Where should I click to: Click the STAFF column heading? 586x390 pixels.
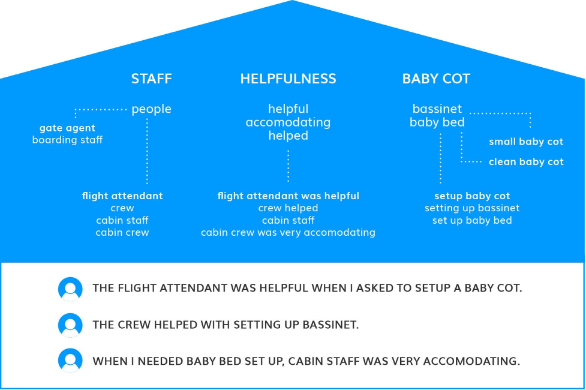tap(151, 79)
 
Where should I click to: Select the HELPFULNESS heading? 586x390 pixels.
tap(288, 79)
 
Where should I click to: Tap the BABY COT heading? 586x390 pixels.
tap(436, 79)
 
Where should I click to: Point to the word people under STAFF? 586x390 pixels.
tap(151, 109)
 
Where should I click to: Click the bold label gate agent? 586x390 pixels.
tap(67, 128)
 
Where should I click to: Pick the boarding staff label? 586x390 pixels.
tap(67, 140)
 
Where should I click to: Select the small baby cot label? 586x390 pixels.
tap(526, 142)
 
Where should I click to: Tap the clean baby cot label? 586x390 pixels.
tap(526, 162)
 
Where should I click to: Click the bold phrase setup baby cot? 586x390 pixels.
tap(472, 196)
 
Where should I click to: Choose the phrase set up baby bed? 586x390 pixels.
tap(472, 220)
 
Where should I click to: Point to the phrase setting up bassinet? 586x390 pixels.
tap(472, 208)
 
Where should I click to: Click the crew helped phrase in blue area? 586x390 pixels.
tap(288, 208)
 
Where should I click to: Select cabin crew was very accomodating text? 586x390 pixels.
tap(288, 232)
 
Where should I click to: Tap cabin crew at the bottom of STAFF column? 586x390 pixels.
tap(122, 232)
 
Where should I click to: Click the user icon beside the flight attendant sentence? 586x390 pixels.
tap(70, 289)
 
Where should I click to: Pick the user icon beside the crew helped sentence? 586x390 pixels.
tap(70, 325)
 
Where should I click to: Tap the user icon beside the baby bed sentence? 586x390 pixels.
tap(70, 361)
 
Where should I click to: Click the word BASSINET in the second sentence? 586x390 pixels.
tap(330, 325)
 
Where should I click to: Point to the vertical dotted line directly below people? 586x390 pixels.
tap(147, 151)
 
